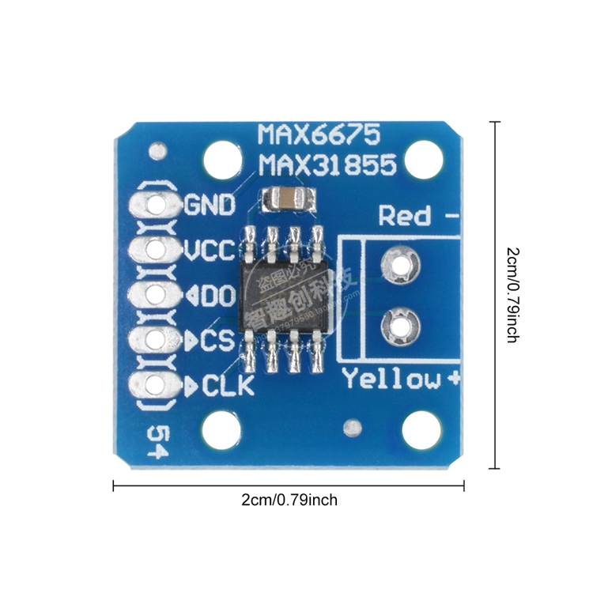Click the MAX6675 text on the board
pyautogui.click(x=319, y=133)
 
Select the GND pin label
pyautogui.click(x=210, y=206)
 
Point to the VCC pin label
pyautogui.click(x=210, y=251)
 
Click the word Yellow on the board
pyautogui.click(x=392, y=380)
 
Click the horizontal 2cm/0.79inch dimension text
pyautogui.click(x=289, y=500)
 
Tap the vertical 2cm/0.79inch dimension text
pyautogui.click(x=512, y=294)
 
